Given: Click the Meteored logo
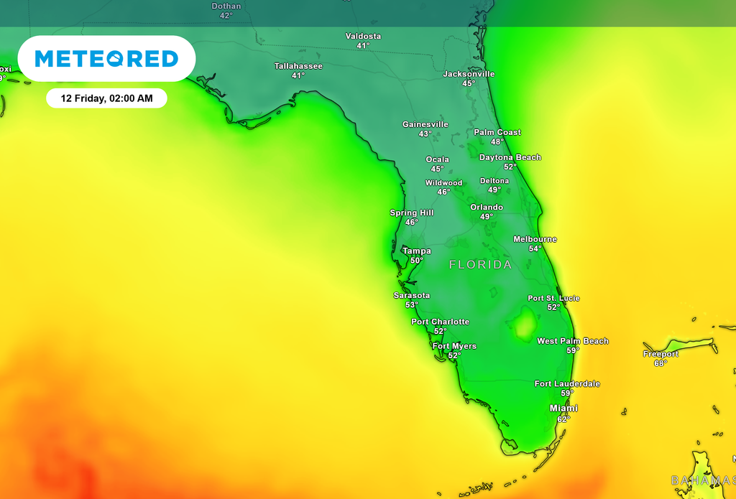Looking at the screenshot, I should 106,58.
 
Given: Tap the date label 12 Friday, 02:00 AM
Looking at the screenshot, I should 106,98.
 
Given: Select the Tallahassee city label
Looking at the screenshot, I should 298,66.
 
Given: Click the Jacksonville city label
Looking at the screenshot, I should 469,74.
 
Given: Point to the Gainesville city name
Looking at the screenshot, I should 425,124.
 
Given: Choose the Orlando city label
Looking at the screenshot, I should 487,207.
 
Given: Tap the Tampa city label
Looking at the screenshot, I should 417,251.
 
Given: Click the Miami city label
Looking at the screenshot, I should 563,409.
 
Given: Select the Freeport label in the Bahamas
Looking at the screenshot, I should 661,354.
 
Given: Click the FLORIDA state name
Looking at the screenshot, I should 481,265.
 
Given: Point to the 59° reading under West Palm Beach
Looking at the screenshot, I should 573,350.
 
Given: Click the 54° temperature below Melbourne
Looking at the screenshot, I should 535,248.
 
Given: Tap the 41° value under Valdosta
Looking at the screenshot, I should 363,45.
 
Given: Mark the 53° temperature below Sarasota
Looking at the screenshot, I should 412,304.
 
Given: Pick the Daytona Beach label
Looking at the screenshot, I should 510,157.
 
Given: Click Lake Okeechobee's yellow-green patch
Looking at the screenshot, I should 525,325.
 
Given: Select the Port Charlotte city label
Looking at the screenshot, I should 440,322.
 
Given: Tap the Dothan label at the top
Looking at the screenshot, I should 226,6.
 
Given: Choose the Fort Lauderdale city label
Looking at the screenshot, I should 567,383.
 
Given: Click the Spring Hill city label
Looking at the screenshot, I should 412,213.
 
